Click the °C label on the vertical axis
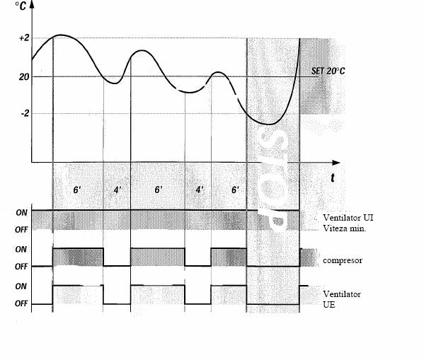(x=21, y=6)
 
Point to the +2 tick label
(x=24, y=38)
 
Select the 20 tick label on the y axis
(x=24, y=77)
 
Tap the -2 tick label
(x=25, y=113)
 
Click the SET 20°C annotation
(x=328, y=71)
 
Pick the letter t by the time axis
(x=332, y=178)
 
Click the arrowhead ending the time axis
(x=336, y=163)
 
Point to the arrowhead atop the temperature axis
(x=32, y=4)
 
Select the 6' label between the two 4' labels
(x=159, y=190)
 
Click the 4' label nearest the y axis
(x=118, y=190)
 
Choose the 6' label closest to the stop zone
(x=235, y=190)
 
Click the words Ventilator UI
(x=348, y=218)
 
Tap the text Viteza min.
(x=345, y=228)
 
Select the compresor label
(x=343, y=260)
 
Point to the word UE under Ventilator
(x=329, y=305)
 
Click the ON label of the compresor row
(x=21, y=249)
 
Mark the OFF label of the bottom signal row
(x=21, y=304)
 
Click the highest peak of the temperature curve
(x=61, y=35)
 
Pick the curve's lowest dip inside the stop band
(x=270, y=124)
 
